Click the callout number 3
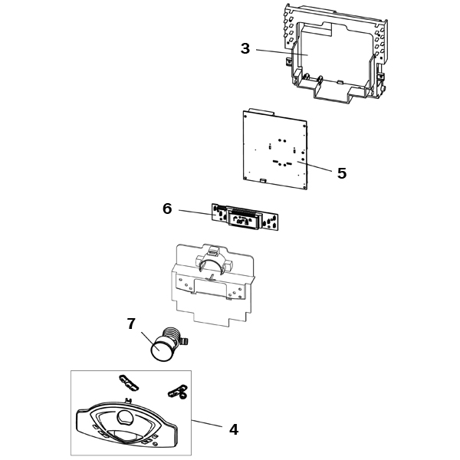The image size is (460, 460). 245,48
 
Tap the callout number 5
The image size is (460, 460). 342,173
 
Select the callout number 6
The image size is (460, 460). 167,209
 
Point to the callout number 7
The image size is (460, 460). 131,324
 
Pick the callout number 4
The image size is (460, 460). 234,430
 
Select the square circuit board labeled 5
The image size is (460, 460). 275,149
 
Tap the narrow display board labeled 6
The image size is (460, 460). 245,218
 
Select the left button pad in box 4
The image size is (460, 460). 129,383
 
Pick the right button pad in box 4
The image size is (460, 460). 178,391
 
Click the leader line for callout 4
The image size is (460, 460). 207,423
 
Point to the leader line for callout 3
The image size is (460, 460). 282,52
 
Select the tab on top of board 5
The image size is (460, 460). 261,111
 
